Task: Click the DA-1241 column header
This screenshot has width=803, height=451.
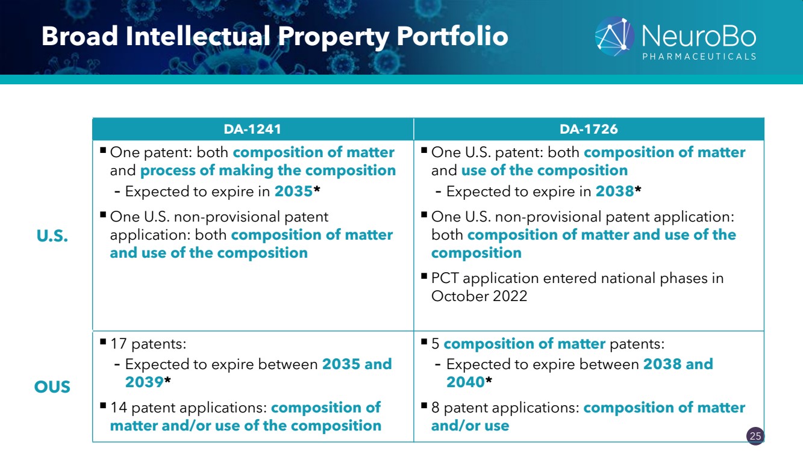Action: [252, 129]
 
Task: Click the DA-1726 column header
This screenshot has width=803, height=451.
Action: [589, 129]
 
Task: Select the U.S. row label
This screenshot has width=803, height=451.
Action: [52, 235]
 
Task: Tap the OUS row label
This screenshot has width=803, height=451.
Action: [52, 387]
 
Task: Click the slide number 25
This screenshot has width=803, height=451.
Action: [755, 436]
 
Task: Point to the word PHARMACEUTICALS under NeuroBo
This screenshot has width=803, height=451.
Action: [699, 57]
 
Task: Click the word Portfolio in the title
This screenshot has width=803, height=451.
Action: [452, 37]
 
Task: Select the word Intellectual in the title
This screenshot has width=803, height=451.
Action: [198, 37]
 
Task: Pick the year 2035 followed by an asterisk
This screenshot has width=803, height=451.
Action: [293, 191]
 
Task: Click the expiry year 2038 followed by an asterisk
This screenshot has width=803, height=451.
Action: [615, 191]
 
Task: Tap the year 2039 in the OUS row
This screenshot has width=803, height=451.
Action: [144, 382]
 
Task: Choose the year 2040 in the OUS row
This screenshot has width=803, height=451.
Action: [465, 382]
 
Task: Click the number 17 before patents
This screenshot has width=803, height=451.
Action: [119, 344]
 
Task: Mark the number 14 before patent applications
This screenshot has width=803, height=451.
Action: [119, 408]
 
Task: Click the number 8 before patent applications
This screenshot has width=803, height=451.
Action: [435, 408]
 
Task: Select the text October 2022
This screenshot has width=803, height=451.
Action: [480, 296]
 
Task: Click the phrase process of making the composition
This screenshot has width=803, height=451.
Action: [268, 171]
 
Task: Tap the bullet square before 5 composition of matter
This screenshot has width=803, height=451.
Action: [424, 341]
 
